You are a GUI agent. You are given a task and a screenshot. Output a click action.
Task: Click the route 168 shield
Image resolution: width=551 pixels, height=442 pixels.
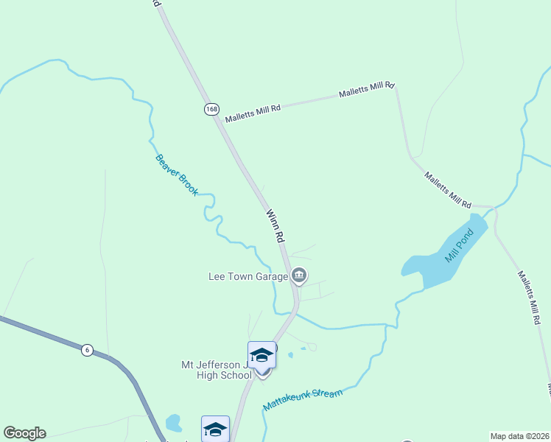point(212,109)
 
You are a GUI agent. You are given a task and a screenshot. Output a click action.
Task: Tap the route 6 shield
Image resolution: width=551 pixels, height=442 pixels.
point(87,350)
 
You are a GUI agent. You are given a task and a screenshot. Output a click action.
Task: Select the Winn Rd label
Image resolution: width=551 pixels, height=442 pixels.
point(275,226)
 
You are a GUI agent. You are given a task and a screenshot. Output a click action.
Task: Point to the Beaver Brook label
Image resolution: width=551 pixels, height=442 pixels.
point(177,175)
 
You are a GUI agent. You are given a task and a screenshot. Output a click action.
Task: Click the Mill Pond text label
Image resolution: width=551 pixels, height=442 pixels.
point(457,246)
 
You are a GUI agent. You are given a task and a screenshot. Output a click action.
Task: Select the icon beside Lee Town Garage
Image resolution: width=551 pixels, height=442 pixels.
point(298,276)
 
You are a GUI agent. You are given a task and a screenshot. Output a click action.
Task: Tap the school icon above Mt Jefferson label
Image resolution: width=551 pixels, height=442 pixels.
point(262,355)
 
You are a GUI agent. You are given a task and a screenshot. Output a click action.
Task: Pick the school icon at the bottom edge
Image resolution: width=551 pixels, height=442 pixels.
point(215,429)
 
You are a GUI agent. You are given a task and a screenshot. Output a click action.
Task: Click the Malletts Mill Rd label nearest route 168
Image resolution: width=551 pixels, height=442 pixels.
point(253,113)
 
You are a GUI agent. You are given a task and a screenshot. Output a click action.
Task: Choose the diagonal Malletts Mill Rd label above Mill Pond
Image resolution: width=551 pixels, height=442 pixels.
point(447,189)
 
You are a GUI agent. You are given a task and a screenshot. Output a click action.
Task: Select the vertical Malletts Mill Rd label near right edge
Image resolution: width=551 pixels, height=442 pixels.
point(530,298)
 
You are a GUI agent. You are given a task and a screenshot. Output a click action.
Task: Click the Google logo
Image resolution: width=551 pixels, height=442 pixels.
point(24,433)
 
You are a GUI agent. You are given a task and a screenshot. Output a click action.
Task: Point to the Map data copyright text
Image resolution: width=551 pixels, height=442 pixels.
point(519,435)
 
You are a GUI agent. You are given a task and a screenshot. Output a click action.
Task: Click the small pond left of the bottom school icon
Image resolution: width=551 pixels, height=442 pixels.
point(174,423)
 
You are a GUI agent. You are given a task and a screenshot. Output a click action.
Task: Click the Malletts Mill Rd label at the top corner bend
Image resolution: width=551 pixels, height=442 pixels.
point(368,91)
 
